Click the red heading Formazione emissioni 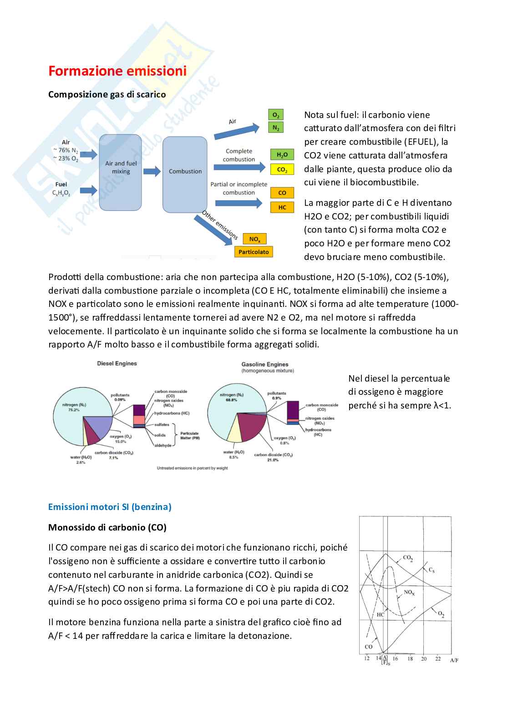point(117,71)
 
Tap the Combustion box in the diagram point(185,172)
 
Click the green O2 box point(275,115)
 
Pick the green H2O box point(282,155)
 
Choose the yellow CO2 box point(282,170)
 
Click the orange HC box point(282,208)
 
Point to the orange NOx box point(254,239)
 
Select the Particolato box point(254,252)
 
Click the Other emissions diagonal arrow point(216,228)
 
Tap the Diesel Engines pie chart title point(117,363)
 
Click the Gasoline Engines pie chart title point(265,364)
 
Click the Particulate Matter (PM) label point(190,436)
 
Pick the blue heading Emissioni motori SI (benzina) point(110,507)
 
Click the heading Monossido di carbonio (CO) point(107,527)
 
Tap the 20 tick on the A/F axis point(424,658)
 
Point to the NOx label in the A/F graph point(409,592)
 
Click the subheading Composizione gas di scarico point(107,94)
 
